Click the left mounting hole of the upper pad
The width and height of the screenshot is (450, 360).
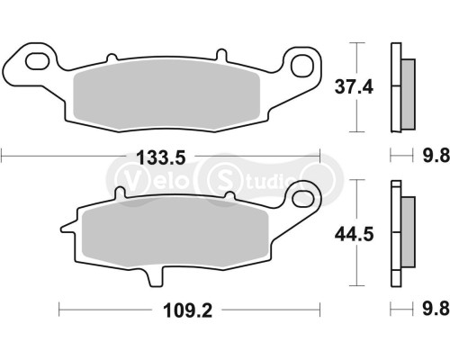[x=39, y=62]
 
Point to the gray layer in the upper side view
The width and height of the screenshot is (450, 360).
[x=407, y=91]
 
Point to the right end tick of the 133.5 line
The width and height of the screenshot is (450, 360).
[x=321, y=157]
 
